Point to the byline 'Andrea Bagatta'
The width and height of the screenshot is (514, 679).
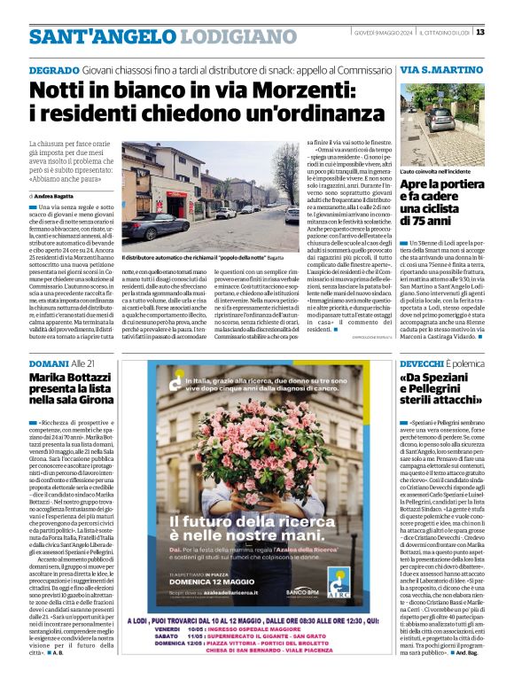(x=58, y=195)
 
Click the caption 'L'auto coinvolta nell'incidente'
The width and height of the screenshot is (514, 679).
(x=434, y=170)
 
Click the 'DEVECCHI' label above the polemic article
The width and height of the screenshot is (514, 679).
(x=424, y=363)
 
